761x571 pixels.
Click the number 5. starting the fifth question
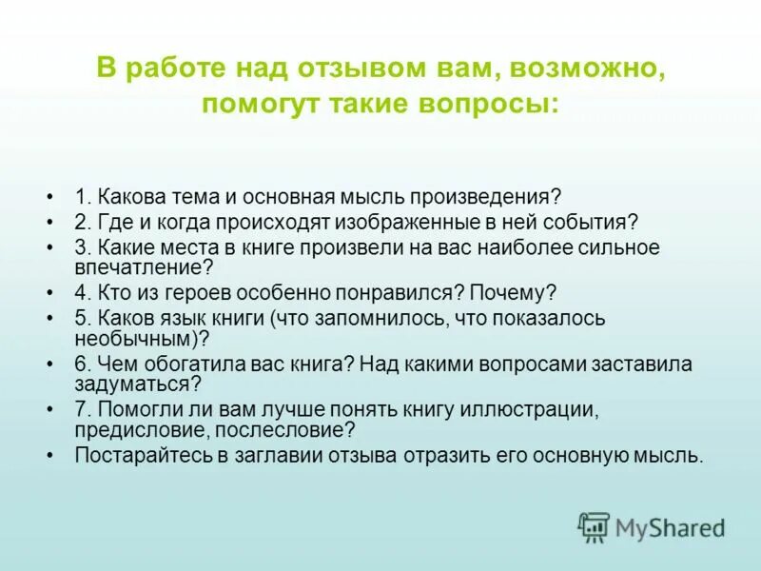[x=83, y=318]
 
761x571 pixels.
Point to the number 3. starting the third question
[x=83, y=247]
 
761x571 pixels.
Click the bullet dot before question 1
[x=49, y=198]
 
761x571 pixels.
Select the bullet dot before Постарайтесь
[x=49, y=455]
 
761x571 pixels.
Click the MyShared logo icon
[x=594, y=526]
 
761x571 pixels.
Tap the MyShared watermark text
[x=670, y=526]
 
